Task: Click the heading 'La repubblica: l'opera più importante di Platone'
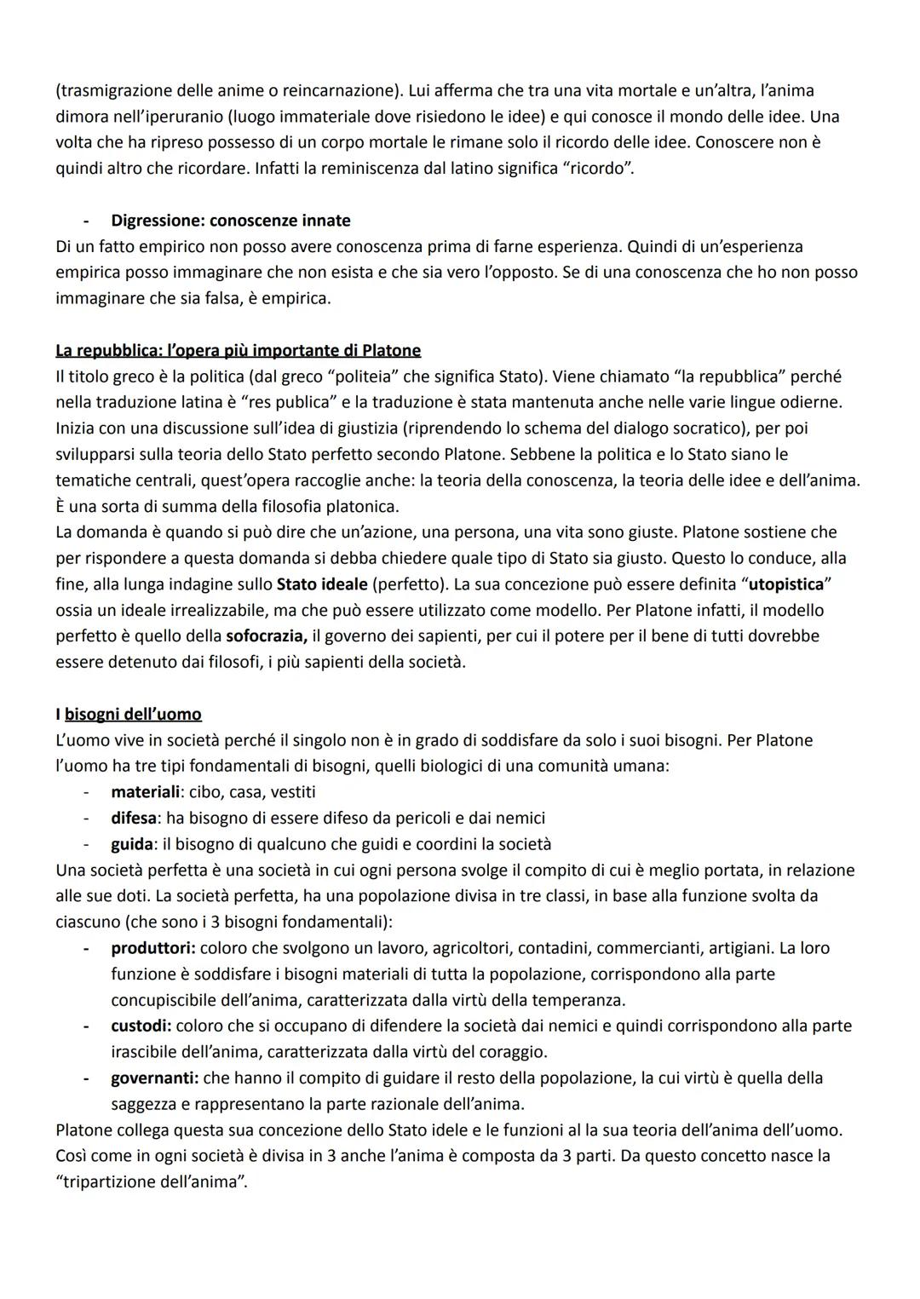238,350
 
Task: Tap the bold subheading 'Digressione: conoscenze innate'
231,221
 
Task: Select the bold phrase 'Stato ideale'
322,584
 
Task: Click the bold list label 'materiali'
145,792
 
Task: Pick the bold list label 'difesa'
134,818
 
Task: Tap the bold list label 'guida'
132,844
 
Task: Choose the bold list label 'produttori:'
153,948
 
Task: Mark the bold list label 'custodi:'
141,1026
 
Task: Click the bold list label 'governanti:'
154,1078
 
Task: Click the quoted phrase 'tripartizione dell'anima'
151,1182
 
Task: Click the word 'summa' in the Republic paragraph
198,506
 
